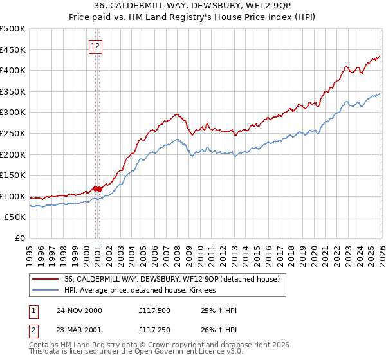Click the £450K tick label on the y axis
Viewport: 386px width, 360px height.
click(13, 50)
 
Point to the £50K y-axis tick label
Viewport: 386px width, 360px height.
click(15, 217)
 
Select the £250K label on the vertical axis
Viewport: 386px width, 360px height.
click(13, 133)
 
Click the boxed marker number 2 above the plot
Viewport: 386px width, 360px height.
click(97, 46)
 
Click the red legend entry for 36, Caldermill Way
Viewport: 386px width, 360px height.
click(171, 280)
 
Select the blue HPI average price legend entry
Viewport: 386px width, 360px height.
click(140, 291)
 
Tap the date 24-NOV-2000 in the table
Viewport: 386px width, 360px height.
click(79, 310)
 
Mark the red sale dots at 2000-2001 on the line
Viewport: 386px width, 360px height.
click(96, 188)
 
